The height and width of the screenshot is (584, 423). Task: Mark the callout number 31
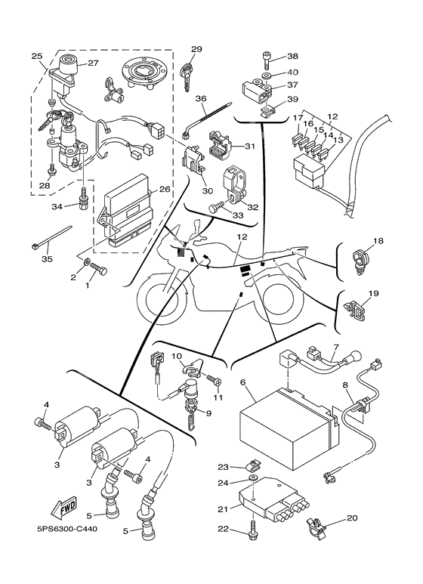coord(250,147)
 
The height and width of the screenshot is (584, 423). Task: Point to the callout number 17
coord(298,118)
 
